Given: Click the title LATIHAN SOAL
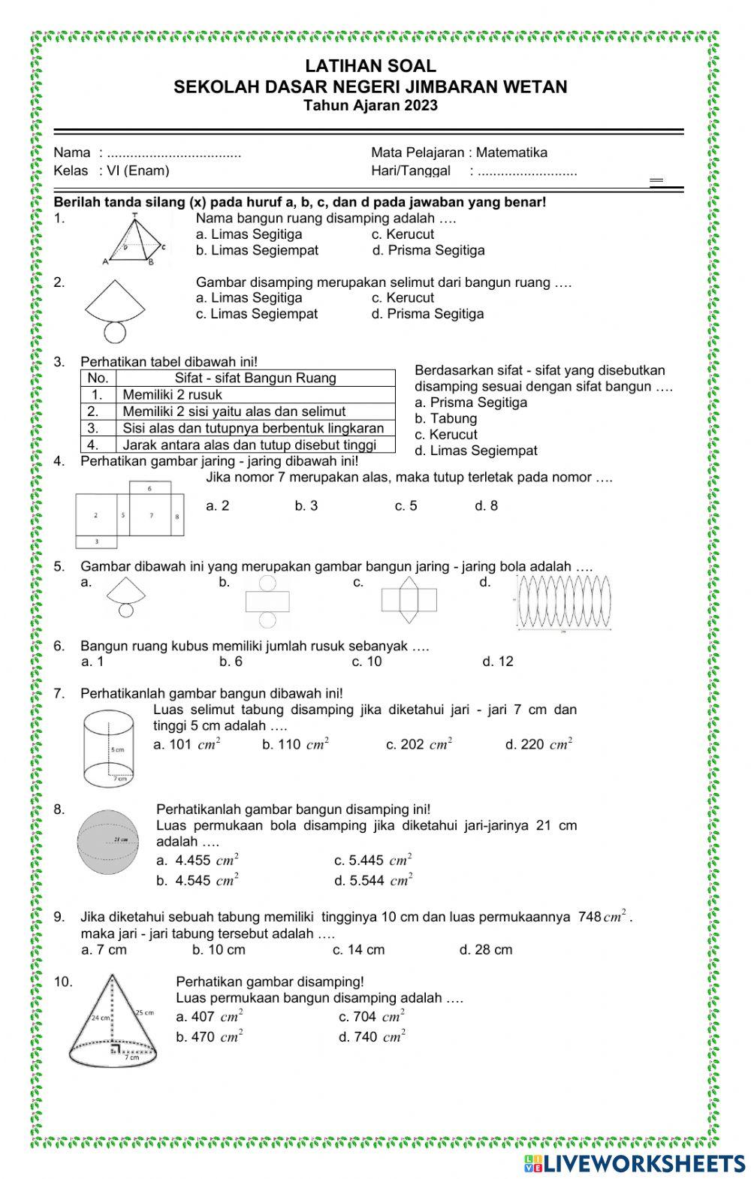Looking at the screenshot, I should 370,67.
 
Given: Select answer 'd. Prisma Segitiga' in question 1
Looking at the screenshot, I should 428,250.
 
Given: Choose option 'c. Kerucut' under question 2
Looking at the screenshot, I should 403,297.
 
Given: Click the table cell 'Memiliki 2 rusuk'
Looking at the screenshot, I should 172,395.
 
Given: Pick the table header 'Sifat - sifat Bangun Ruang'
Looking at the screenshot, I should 255,378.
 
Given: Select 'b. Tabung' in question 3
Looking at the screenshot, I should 445,418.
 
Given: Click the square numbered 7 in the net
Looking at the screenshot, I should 151,516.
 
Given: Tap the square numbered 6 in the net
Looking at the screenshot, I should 150,488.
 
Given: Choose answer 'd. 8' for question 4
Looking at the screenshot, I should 486,505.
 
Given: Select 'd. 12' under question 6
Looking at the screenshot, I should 498,661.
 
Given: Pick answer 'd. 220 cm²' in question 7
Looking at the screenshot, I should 538,744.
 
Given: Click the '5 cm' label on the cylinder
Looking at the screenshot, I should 118,749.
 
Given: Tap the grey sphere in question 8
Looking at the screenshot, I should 108,841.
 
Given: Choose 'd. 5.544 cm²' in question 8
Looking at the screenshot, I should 373,880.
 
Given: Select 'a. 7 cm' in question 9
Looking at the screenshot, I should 104,949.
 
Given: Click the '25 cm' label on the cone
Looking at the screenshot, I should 144,1013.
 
